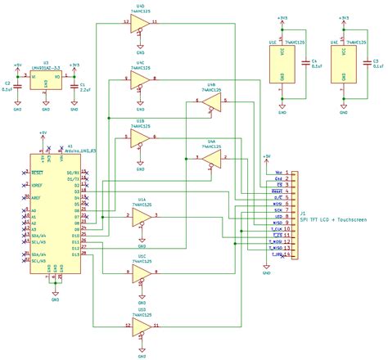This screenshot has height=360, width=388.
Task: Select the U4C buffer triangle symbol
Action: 141,79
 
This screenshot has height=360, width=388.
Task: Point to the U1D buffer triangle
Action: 141,329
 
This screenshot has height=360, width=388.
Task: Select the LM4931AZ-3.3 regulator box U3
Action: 46,80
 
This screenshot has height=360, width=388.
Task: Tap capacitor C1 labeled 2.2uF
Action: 74,84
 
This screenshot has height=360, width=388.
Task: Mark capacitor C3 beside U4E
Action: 366,62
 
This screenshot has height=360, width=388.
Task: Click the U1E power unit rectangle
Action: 282,62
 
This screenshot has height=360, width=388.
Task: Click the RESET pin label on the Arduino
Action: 38,173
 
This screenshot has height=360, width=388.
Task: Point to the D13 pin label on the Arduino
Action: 74,255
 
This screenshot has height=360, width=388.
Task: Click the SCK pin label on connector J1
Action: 278,209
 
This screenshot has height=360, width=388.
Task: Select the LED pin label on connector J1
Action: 278,215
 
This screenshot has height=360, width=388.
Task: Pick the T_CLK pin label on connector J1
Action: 277,228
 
